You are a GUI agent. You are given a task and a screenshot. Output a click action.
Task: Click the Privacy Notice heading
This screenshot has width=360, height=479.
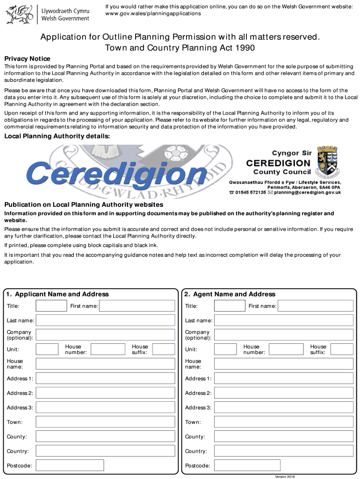click(27, 59)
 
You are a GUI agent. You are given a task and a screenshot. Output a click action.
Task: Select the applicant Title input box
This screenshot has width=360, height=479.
click(51, 306)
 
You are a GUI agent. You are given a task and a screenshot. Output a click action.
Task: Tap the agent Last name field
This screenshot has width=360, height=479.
click(283, 320)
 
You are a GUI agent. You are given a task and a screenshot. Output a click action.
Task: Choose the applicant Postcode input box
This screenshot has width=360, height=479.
click(70, 465)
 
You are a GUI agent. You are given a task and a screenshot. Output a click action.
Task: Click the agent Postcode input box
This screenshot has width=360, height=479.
click(248, 465)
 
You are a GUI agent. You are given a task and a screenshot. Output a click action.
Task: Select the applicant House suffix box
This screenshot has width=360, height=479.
click(164, 349)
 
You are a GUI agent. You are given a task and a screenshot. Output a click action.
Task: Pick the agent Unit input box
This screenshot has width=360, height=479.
click(225, 349)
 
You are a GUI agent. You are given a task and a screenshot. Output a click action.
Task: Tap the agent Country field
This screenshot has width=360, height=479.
click(283, 451)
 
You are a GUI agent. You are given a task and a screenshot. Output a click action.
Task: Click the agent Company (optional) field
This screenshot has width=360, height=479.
click(283, 335)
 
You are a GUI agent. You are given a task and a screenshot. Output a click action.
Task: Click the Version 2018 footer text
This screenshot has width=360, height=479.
click(285, 476)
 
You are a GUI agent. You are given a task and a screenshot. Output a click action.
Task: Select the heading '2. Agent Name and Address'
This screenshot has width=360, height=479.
click(230, 294)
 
